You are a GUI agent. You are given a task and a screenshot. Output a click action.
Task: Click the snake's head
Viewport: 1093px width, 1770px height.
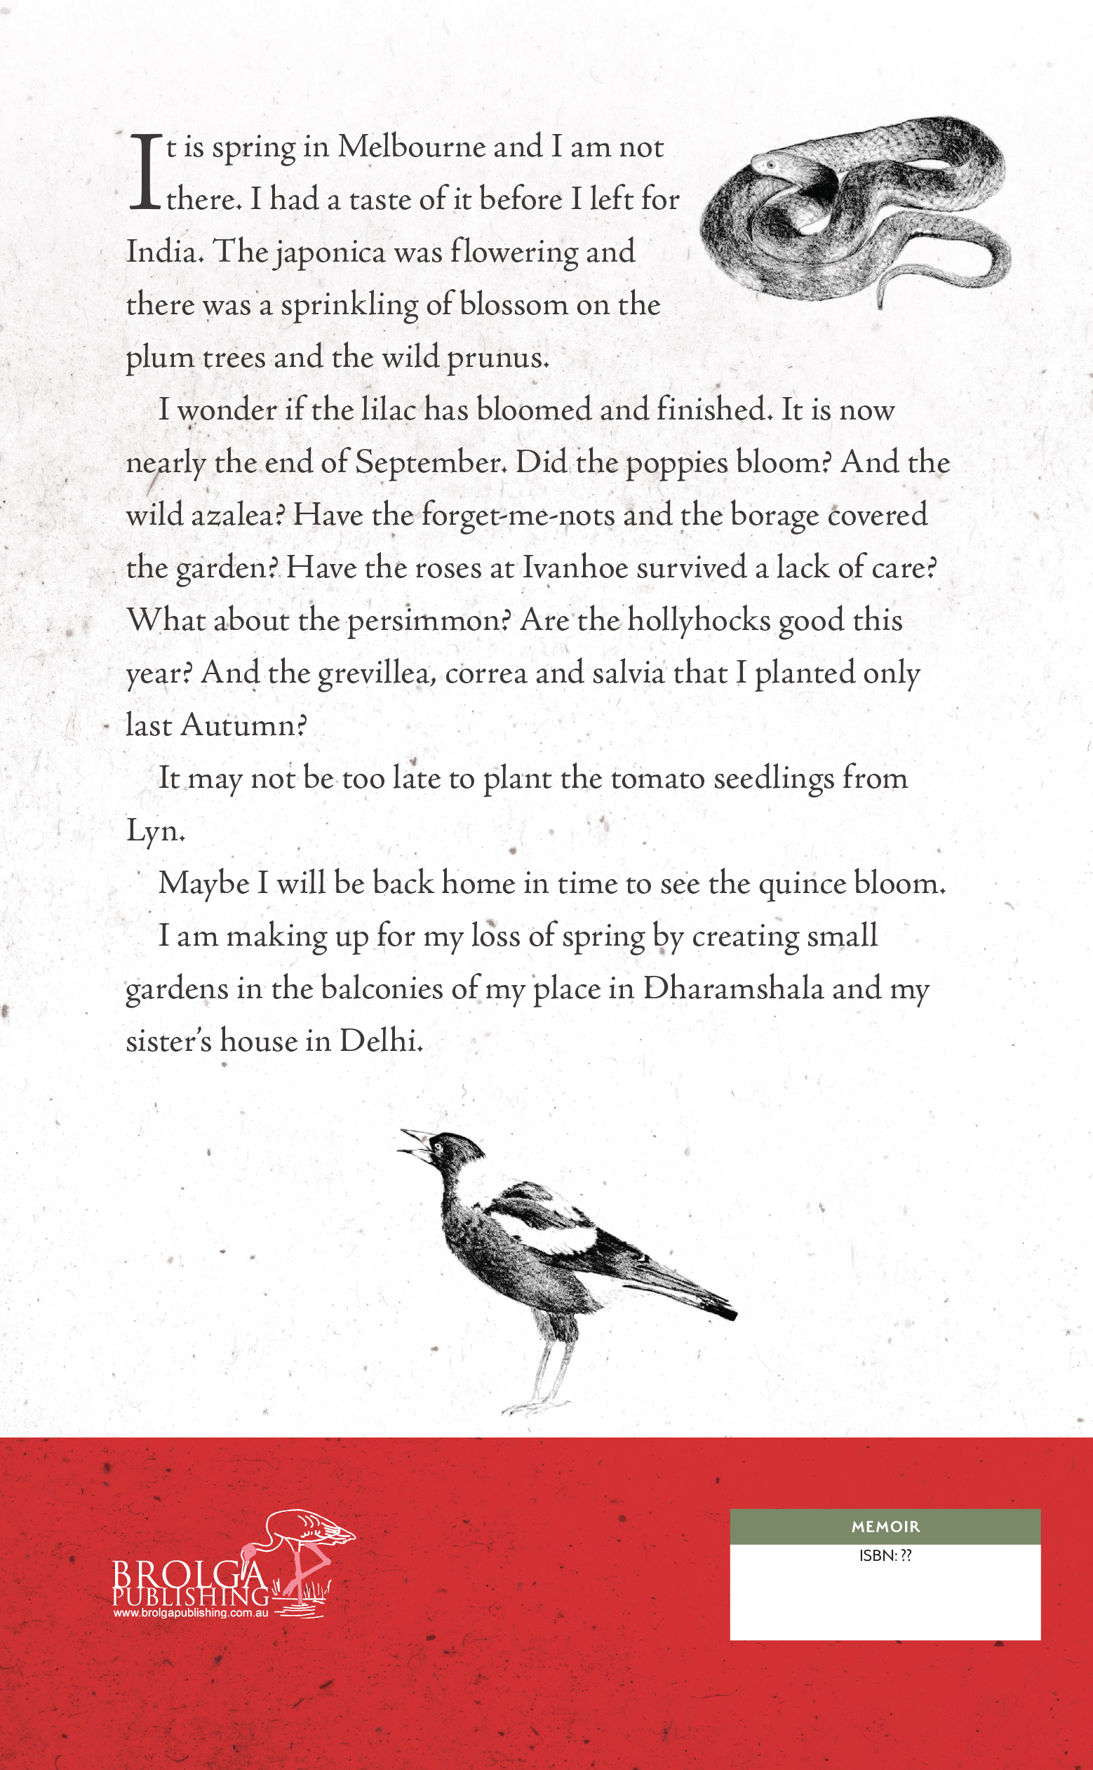[767, 165]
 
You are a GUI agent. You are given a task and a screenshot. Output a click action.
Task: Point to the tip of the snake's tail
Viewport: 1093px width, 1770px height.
[880, 305]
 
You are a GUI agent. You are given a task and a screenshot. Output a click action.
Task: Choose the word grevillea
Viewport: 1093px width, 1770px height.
[377, 674]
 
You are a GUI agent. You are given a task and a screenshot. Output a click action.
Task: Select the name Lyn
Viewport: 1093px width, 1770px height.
[154, 831]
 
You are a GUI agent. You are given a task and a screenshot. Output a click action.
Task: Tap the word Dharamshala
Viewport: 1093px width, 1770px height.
[733, 988]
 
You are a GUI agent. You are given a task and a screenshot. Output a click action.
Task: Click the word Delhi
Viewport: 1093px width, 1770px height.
[380, 1042]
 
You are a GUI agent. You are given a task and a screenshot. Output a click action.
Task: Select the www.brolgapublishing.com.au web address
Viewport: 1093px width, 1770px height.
[191, 1613]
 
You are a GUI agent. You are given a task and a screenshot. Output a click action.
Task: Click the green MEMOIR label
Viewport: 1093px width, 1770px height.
[885, 1527]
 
